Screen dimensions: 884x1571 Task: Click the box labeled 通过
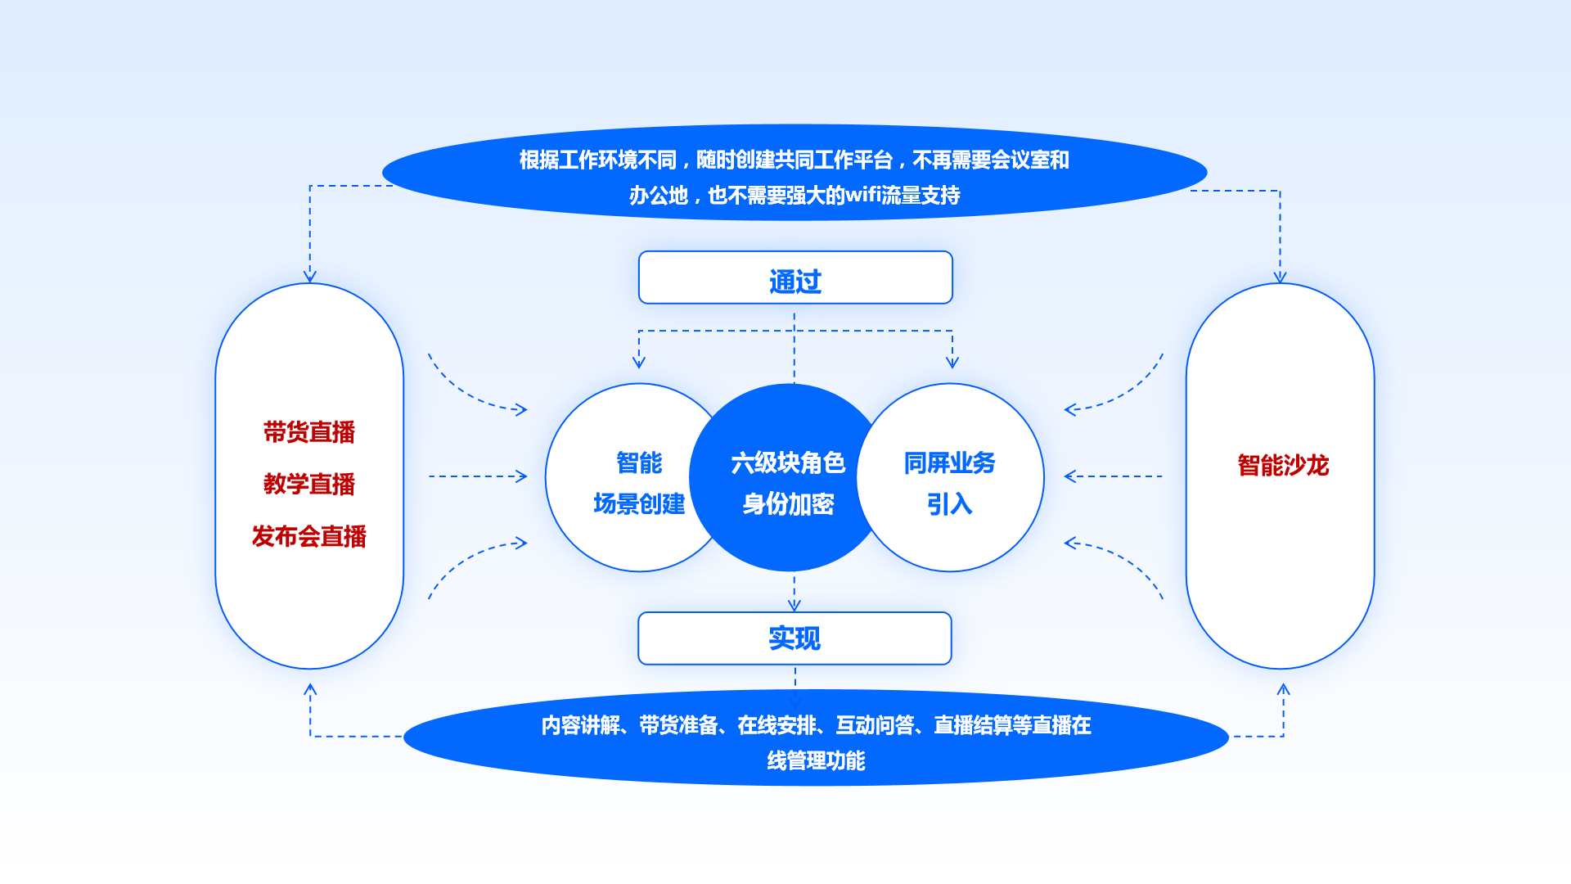tap(795, 278)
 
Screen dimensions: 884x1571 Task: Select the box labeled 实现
tap(795, 638)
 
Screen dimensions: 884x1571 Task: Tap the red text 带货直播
tap(309, 432)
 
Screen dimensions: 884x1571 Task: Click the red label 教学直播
tap(309, 484)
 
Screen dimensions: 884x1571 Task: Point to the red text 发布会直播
tap(309, 536)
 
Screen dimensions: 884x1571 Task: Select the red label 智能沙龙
tap(1283, 465)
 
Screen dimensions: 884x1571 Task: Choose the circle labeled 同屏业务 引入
tap(957, 483)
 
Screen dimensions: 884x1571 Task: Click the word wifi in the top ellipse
tap(862, 196)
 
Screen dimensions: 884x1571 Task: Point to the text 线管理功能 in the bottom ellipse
tap(816, 761)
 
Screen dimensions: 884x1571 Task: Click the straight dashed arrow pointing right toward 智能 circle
tap(479, 476)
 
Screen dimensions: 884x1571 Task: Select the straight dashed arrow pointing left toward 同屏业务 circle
tap(1113, 476)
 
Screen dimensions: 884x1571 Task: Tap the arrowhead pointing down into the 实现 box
tap(794, 605)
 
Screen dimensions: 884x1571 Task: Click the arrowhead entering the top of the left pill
tap(310, 276)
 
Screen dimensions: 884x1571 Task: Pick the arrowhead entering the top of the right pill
tap(1280, 277)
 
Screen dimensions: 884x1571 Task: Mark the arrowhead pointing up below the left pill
tap(310, 690)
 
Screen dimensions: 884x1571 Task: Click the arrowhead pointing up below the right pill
tap(1283, 690)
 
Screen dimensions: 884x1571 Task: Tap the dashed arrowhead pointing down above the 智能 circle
tap(639, 362)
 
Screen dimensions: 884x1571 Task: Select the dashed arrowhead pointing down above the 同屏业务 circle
tap(952, 362)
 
